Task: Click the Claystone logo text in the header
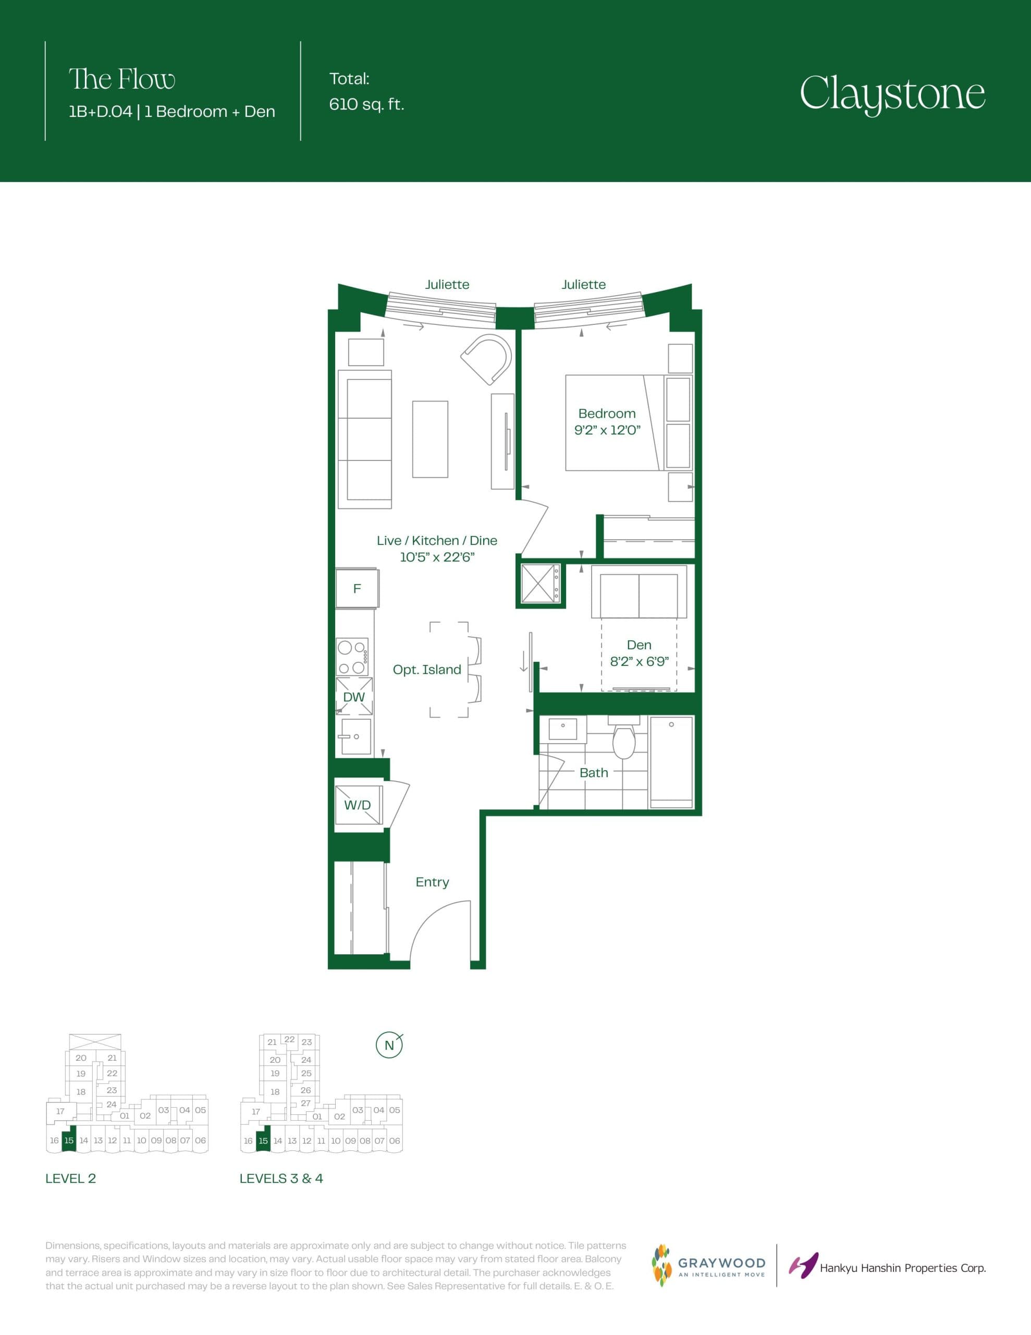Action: pos(892,93)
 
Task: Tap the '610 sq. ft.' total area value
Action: pos(366,104)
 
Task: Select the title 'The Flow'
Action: pos(121,79)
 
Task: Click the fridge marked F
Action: pos(357,588)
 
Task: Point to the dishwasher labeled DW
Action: pos(354,696)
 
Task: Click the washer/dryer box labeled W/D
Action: pos(358,805)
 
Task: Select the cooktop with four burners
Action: pos(353,657)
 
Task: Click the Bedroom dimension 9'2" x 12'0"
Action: pos(607,430)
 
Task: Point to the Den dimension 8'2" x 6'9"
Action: pos(639,661)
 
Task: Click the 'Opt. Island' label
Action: pos(426,670)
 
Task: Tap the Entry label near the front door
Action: pos(432,881)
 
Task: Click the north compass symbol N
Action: pos(389,1045)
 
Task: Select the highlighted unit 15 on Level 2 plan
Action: pos(69,1140)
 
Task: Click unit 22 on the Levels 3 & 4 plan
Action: pos(290,1039)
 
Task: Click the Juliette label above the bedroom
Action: pos(584,284)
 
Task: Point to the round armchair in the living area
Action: pos(487,358)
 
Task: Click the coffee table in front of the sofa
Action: pos(429,439)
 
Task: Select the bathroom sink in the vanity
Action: pos(563,727)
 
